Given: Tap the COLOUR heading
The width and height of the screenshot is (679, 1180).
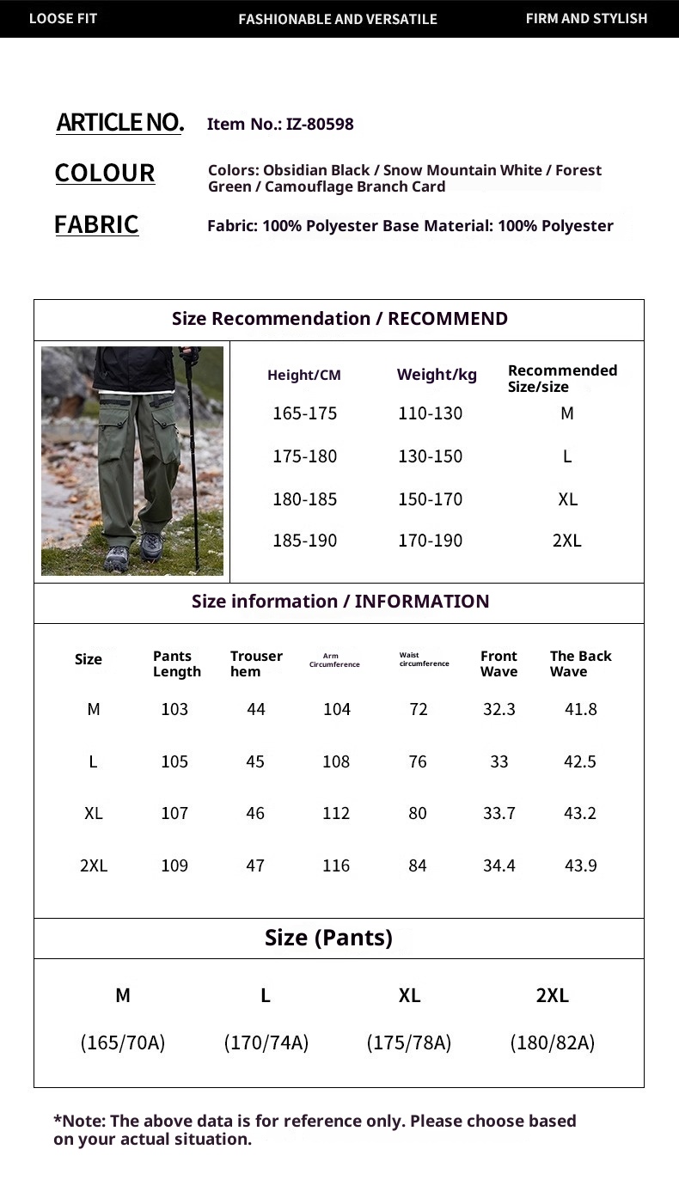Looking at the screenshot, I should pyautogui.click(x=105, y=173).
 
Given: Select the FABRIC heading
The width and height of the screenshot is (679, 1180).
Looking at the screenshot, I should pyautogui.click(x=96, y=224).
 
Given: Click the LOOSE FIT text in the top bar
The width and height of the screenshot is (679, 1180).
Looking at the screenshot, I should pyautogui.click(x=63, y=18).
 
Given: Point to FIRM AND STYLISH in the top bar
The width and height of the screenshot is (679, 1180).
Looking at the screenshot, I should pyautogui.click(x=586, y=18).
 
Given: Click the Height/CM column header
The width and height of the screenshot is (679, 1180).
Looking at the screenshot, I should pyautogui.click(x=304, y=375).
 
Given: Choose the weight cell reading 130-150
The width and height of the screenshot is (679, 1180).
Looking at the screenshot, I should pyautogui.click(x=430, y=456).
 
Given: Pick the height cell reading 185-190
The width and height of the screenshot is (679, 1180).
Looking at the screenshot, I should pyautogui.click(x=304, y=541).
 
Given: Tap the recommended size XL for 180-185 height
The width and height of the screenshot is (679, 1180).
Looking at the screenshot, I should pyautogui.click(x=567, y=499).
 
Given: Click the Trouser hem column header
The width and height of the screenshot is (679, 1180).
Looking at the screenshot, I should pyautogui.click(x=255, y=663).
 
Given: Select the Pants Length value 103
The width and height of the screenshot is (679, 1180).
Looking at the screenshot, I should pyautogui.click(x=174, y=709).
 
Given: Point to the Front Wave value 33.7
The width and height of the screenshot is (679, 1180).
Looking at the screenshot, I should pyautogui.click(x=499, y=813).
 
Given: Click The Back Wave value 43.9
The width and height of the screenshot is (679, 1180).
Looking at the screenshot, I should pyautogui.click(x=580, y=865).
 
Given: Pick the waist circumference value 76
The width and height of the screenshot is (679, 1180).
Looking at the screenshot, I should pyautogui.click(x=418, y=761).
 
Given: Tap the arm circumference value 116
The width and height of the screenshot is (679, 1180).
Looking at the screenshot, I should pyautogui.click(x=336, y=865).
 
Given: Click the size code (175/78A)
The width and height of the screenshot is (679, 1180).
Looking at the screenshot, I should pyautogui.click(x=409, y=1042).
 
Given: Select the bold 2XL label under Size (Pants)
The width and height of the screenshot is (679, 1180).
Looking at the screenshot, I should pyautogui.click(x=553, y=995).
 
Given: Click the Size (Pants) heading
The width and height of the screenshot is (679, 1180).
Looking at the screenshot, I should pyautogui.click(x=328, y=938).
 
